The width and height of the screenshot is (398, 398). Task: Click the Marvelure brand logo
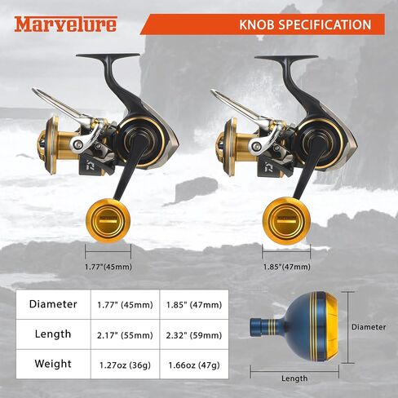pyautogui.click(x=66, y=24)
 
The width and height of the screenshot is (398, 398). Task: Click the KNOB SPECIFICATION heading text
pyautogui.click(x=305, y=24)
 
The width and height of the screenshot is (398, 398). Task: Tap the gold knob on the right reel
pyautogui.click(x=286, y=221)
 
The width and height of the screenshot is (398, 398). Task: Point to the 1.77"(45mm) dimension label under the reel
pyautogui.click(x=108, y=267)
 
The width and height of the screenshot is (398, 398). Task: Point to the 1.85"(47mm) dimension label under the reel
pyautogui.click(x=287, y=267)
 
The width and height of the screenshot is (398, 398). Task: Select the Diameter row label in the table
pyautogui.click(x=53, y=304)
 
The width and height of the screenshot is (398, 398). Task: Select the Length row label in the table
pyautogui.click(x=53, y=334)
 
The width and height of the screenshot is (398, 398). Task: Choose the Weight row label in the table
pyautogui.click(x=53, y=364)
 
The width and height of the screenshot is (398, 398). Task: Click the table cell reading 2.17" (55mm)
pyautogui.click(x=125, y=335)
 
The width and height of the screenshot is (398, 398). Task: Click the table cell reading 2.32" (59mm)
pyautogui.click(x=194, y=335)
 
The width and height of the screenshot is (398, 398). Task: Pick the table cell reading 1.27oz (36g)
pyautogui.click(x=125, y=365)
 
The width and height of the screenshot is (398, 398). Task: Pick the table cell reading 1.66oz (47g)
pyautogui.click(x=194, y=365)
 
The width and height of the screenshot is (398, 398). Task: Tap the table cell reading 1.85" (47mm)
pyautogui.click(x=194, y=305)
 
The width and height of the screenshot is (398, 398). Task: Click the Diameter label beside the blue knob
pyautogui.click(x=369, y=327)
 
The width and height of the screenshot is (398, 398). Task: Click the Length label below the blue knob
pyautogui.click(x=294, y=378)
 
